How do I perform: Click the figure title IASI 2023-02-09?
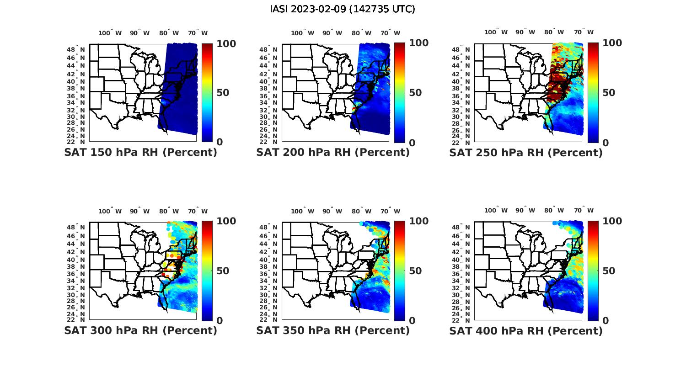pos(343,9)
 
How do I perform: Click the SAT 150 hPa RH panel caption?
pos(141,152)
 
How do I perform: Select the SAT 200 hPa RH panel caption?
pos(333,152)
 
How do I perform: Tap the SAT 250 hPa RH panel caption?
pos(526,152)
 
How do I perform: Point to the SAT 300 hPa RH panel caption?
pos(141,330)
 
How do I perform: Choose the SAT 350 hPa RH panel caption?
pos(333,330)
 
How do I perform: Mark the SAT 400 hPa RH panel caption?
pos(526,330)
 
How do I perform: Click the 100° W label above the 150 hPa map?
pos(110,33)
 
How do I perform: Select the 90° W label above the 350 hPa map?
pos(332,211)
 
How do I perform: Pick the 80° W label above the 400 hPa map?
pos(554,210)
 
